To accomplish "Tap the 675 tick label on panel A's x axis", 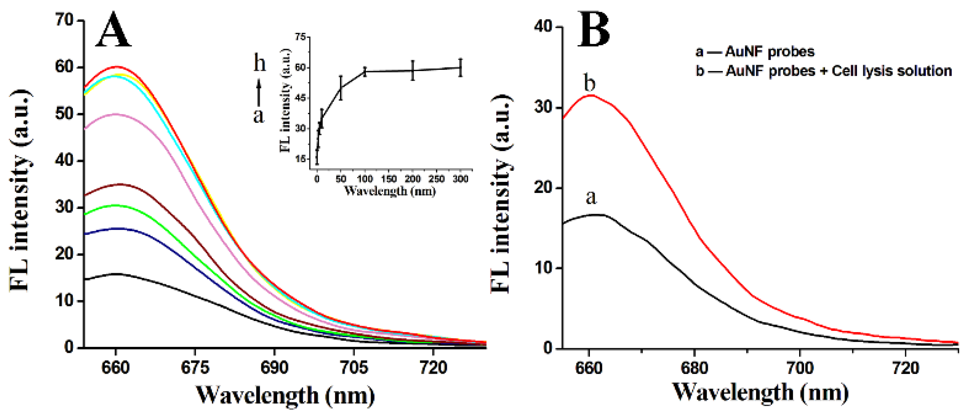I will click(195, 368).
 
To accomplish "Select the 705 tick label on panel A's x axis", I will click(354, 368).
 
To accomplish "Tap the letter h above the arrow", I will click(259, 63).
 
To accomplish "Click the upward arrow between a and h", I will click(259, 92).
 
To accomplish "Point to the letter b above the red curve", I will click(589, 83).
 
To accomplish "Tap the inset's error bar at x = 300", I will click(460, 68).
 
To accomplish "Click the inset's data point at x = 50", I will click(341, 88).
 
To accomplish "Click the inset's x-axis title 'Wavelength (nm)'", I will click(390, 191).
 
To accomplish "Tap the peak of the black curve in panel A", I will click(116, 274).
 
